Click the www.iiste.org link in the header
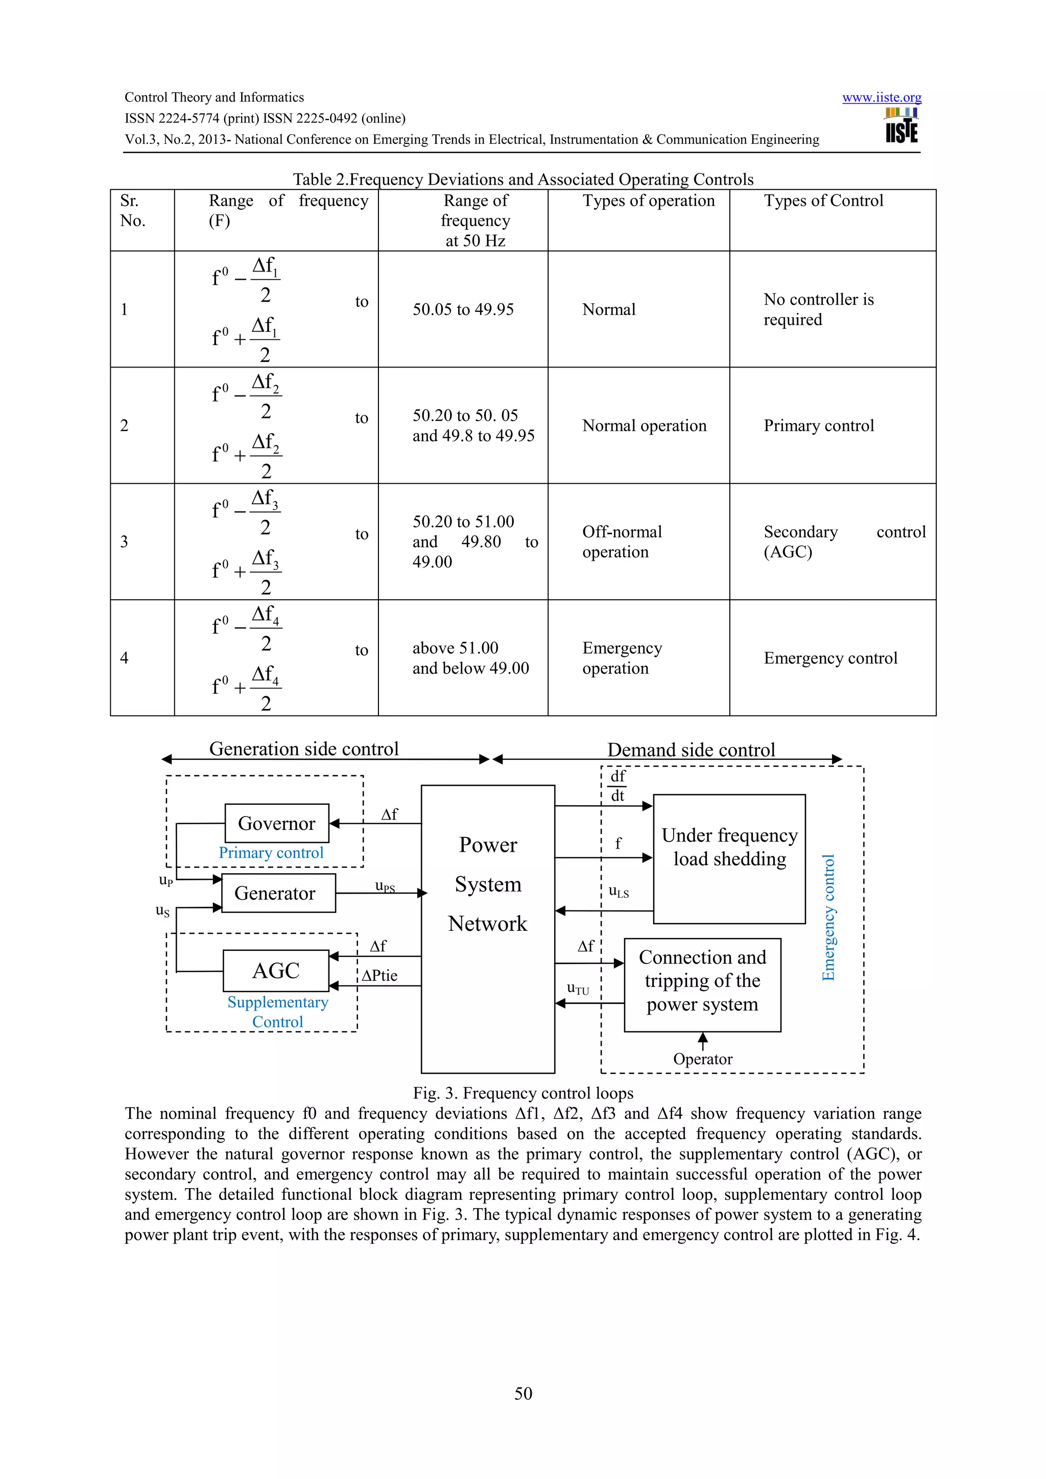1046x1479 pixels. (x=881, y=97)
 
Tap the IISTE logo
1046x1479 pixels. (x=901, y=126)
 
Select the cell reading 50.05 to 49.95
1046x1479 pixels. (x=463, y=309)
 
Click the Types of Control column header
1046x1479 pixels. (x=823, y=201)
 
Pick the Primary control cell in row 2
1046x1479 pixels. (x=819, y=426)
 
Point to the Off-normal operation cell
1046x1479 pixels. (x=622, y=542)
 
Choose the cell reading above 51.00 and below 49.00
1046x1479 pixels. (x=470, y=658)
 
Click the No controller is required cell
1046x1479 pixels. (x=819, y=309)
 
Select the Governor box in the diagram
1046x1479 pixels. (x=276, y=823)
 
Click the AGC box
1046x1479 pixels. (x=276, y=971)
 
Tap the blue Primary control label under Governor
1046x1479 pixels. (x=271, y=853)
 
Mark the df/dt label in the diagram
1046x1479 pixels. (x=617, y=786)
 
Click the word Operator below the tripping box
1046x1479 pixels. (x=702, y=1059)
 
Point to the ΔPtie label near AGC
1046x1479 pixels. (x=379, y=976)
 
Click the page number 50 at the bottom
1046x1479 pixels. (x=522, y=1393)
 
